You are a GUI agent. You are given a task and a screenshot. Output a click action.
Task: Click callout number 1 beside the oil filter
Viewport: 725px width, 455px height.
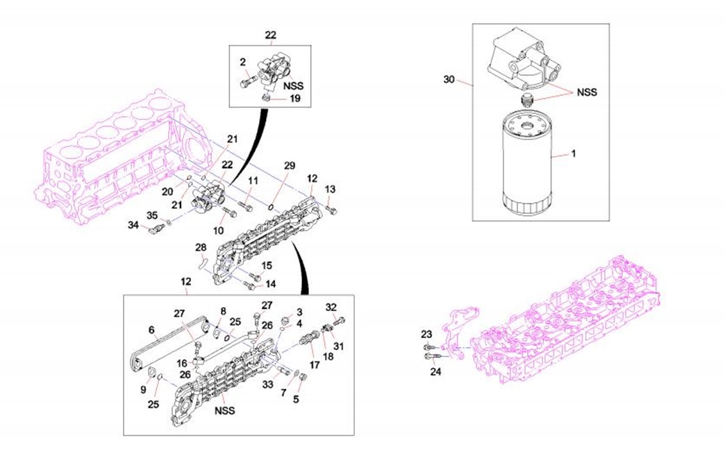click(x=574, y=155)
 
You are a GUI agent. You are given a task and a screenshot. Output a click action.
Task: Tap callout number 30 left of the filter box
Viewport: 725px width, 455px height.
click(x=449, y=80)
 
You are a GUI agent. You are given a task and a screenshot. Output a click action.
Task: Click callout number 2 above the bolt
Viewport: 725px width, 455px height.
click(x=243, y=63)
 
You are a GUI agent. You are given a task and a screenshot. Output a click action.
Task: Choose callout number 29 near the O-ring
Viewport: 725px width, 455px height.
click(x=290, y=165)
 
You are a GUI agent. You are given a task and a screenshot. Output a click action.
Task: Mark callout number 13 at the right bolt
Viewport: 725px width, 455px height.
click(x=330, y=189)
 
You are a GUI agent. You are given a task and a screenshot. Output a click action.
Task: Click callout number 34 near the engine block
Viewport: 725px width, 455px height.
click(x=133, y=225)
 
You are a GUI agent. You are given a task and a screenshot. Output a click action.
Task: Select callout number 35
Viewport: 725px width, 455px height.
click(x=152, y=214)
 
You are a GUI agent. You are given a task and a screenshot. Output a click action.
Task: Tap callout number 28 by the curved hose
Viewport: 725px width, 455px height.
click(x=201, y=248)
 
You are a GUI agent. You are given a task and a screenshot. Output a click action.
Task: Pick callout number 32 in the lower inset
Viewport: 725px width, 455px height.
click(x=331, y=307)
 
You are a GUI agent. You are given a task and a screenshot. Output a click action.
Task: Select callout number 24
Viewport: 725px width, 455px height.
click(x=435, y=371)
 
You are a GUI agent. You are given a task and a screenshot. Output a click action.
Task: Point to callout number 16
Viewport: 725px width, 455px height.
click(x=181, y=363)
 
